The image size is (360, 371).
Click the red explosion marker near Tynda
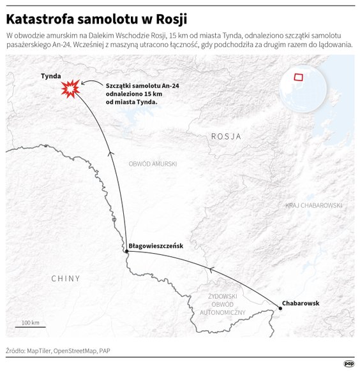pyautogui.click(x=70, y=89)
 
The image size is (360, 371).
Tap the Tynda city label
pyautogui.click(x=51, y=76)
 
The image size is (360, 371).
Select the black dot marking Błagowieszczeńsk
pyautogui.click(x=127, y=251)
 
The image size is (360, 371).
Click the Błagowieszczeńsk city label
pyautogui.click(x=156, y=245)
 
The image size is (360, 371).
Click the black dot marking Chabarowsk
pyautogui.click(x=278, y=310)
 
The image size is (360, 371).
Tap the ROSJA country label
pyautogui.click(x=226, y=136)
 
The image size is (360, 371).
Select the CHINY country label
pyautogui.click(x=66, y=279)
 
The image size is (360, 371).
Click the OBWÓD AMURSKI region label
pyautogui.click(x=153, y=164)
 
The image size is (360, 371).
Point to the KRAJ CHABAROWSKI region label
pyautogui.click(x=313, y=205)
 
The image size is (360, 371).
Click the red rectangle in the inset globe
pyautogui.click(x=297, y=78)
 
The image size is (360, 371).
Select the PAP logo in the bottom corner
pyautogui.click(x=349, y=363)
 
